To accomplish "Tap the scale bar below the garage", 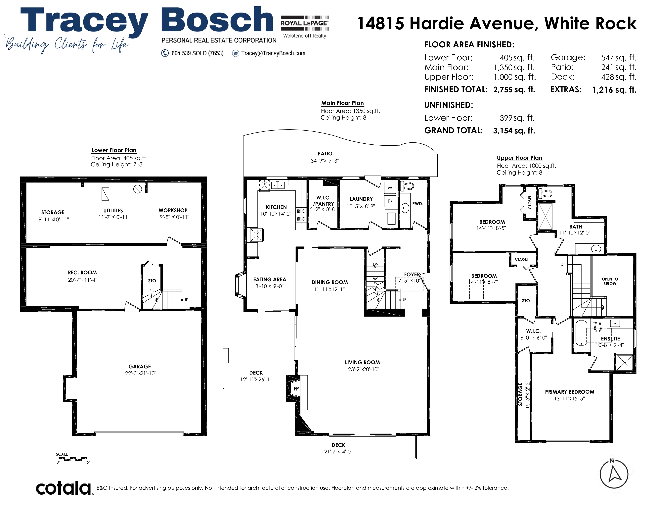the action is click(x=73, y=459).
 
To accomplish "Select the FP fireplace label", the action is click(x=296, y=388).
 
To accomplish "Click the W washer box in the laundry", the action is click(x=390, y=188).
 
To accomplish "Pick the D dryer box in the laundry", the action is click(x=390, y=201).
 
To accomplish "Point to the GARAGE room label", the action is click(x=140, y=367).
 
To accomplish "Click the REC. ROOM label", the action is click(x=82, y=273).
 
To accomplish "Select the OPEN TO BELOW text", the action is click(x=610, y=281).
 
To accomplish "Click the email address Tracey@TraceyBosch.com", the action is click(x=273, y=53).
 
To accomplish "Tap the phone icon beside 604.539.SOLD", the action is click(x=165, y=53).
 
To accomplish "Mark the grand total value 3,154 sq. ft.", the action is click(x=514, y=131).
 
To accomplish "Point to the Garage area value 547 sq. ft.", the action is click(x=619, y=58).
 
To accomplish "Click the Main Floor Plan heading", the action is click(x=343, y=103).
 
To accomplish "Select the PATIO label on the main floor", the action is click(x=325, y=153).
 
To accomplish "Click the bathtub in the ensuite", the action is click(x=581, y=333).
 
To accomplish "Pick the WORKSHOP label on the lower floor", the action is click(x=173, y=210).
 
